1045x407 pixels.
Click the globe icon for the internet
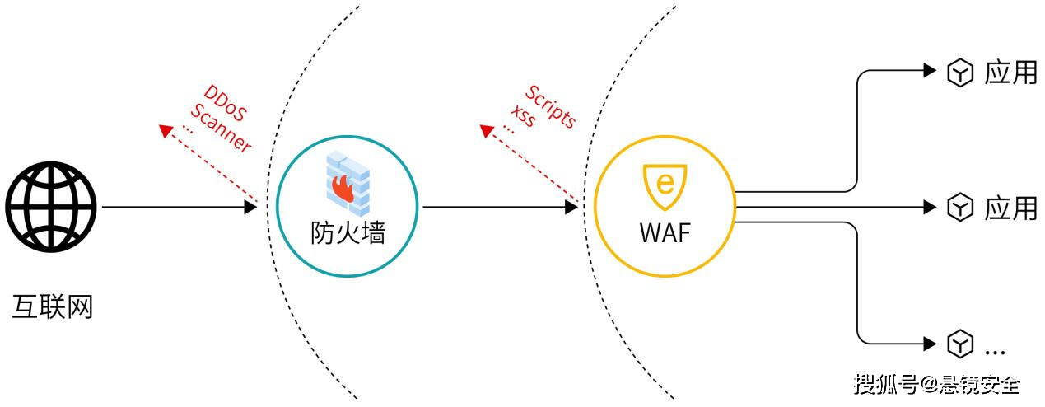click(51, 206)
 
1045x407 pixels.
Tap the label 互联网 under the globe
click(52, 306)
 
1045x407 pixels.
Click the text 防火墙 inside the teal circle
click(348, 233)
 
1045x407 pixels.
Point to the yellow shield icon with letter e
click(664, 186)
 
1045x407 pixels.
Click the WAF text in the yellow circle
click(665, 232)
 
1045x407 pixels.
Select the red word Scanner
click(221, 129)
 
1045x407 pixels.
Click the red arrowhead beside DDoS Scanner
click(166, 130)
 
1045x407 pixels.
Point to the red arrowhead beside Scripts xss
click(487, 129)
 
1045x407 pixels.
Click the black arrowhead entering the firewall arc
click(251, 207)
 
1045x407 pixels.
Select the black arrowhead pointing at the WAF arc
click(571, 207)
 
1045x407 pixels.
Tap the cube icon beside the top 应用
click(960, 73)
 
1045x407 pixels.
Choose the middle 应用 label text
click(1010, 208)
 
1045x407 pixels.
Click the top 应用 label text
click(1010, 73)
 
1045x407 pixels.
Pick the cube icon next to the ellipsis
click(960, 344)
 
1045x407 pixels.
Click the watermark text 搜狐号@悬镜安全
click(937, 384)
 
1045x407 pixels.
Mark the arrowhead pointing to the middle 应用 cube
click(931, 207)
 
